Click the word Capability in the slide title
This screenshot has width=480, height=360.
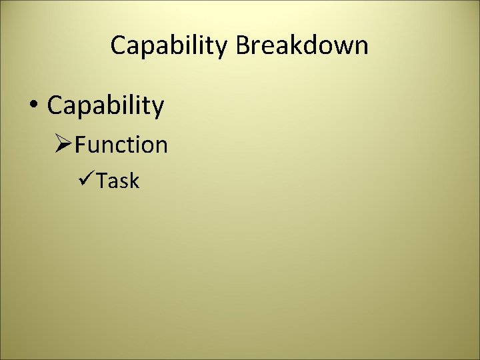[x=170, y=45]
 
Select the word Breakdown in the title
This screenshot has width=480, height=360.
[x=302, y=45]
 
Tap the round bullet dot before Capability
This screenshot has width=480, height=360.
[x=33, y=105]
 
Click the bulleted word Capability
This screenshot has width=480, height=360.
[x=105, y=106]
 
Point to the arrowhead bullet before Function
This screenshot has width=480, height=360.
[x=63, y=145]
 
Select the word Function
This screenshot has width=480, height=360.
[x=121, y=145]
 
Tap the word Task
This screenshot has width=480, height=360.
[x=118, y=181]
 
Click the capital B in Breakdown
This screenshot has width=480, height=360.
[x=243, y=45]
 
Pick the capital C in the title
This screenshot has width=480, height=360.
[x=119, y=45]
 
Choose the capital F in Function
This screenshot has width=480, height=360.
[x=81, y=145]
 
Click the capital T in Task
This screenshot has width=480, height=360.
[x=102, y=181]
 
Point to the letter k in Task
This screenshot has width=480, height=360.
[x=134, y=181]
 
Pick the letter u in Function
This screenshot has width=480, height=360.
[x=93, y=146]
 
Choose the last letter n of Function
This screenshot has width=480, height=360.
[x=161, y=146]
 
